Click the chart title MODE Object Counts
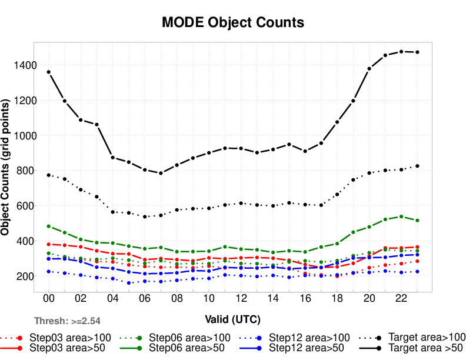233,22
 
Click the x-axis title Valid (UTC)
232,319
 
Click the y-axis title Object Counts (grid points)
6,167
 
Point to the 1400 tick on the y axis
22,65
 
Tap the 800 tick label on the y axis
24,171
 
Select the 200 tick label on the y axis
24,276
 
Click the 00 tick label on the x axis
49,299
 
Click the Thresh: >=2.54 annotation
67,321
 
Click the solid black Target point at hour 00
49,72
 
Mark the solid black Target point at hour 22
401,52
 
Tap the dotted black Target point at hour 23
417,166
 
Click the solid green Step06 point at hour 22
401,216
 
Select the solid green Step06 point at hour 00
49,226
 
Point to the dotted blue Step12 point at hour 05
129,283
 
